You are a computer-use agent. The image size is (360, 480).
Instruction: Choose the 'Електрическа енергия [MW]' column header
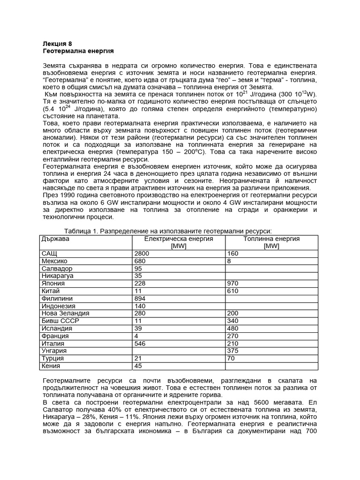(x=179, y=242)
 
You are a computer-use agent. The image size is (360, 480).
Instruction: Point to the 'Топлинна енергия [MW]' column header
(x=271, y=242)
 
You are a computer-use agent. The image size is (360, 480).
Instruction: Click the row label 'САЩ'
(x=50, y=254)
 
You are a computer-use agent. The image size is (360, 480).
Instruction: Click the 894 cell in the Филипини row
(x=141, y=299)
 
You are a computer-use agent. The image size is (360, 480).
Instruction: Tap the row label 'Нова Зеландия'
(x=65, y=314)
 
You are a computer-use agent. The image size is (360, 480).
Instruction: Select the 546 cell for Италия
(x=141, y=344)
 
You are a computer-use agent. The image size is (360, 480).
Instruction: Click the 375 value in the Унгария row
(x=233, y=351)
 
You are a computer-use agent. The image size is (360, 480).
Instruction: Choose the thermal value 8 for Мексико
(x=229, y=261)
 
